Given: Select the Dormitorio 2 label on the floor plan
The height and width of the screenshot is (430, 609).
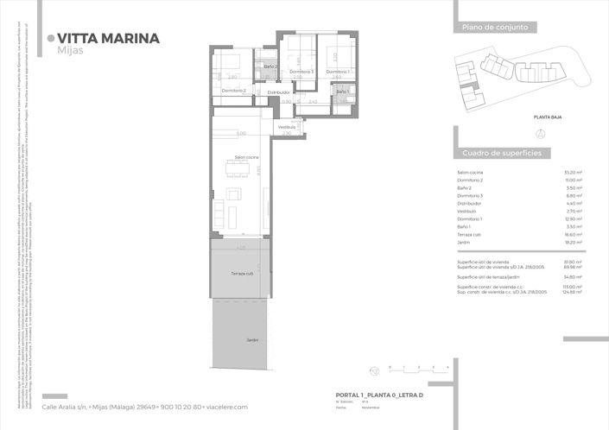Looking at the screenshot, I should tap(234, 91).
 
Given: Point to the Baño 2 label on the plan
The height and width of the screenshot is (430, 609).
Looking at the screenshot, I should tap(270, 66).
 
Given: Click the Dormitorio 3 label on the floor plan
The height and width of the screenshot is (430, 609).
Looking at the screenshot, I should tap(301, 71).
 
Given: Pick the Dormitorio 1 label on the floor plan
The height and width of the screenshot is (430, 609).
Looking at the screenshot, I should tap(337, 71).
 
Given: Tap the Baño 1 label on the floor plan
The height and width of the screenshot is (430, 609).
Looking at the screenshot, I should tap(342, 91).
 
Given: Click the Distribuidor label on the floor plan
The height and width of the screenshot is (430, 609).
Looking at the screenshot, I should tap(278, 92).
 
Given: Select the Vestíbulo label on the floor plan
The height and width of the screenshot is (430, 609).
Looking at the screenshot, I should tap(287, 127).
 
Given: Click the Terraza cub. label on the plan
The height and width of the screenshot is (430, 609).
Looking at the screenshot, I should tap(242, 274).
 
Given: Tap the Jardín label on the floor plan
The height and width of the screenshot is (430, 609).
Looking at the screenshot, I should tap(252, 340).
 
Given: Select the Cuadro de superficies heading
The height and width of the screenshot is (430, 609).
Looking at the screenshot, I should tap(502, 153).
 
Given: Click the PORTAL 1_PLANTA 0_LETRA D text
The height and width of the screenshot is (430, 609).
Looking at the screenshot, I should tap(379, 394).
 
